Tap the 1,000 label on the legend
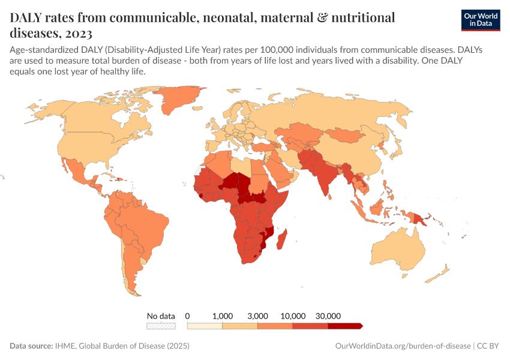pos(223,316)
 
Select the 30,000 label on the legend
pos(328,316)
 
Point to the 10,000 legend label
pos(293,316)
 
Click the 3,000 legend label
pos(257,316)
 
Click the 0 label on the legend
pos(188,316)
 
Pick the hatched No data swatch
pos(161,326)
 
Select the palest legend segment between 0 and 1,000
pos(205,326)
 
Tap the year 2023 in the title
pos(79,32)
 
